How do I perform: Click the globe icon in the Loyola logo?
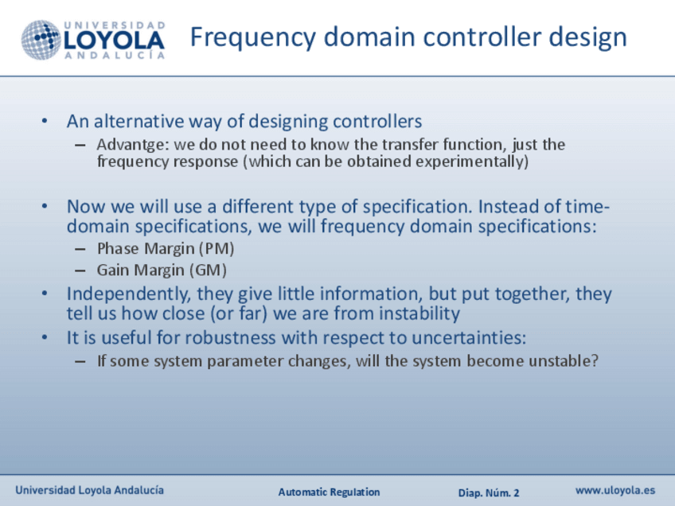click(x=41, y=40)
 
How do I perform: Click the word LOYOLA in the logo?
click(x=114, y=41)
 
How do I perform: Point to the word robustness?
click(x=230, y=338)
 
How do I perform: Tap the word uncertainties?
click(x=469, y=338)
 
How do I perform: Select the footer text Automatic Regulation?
click(x=329, y=492)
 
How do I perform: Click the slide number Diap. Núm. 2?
click(x=489, y=492)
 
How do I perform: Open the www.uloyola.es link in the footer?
click(x=615, y=491)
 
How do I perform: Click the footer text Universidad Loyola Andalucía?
click(x=89, y=490)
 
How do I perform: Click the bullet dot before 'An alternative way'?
click(x=45, y=122)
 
